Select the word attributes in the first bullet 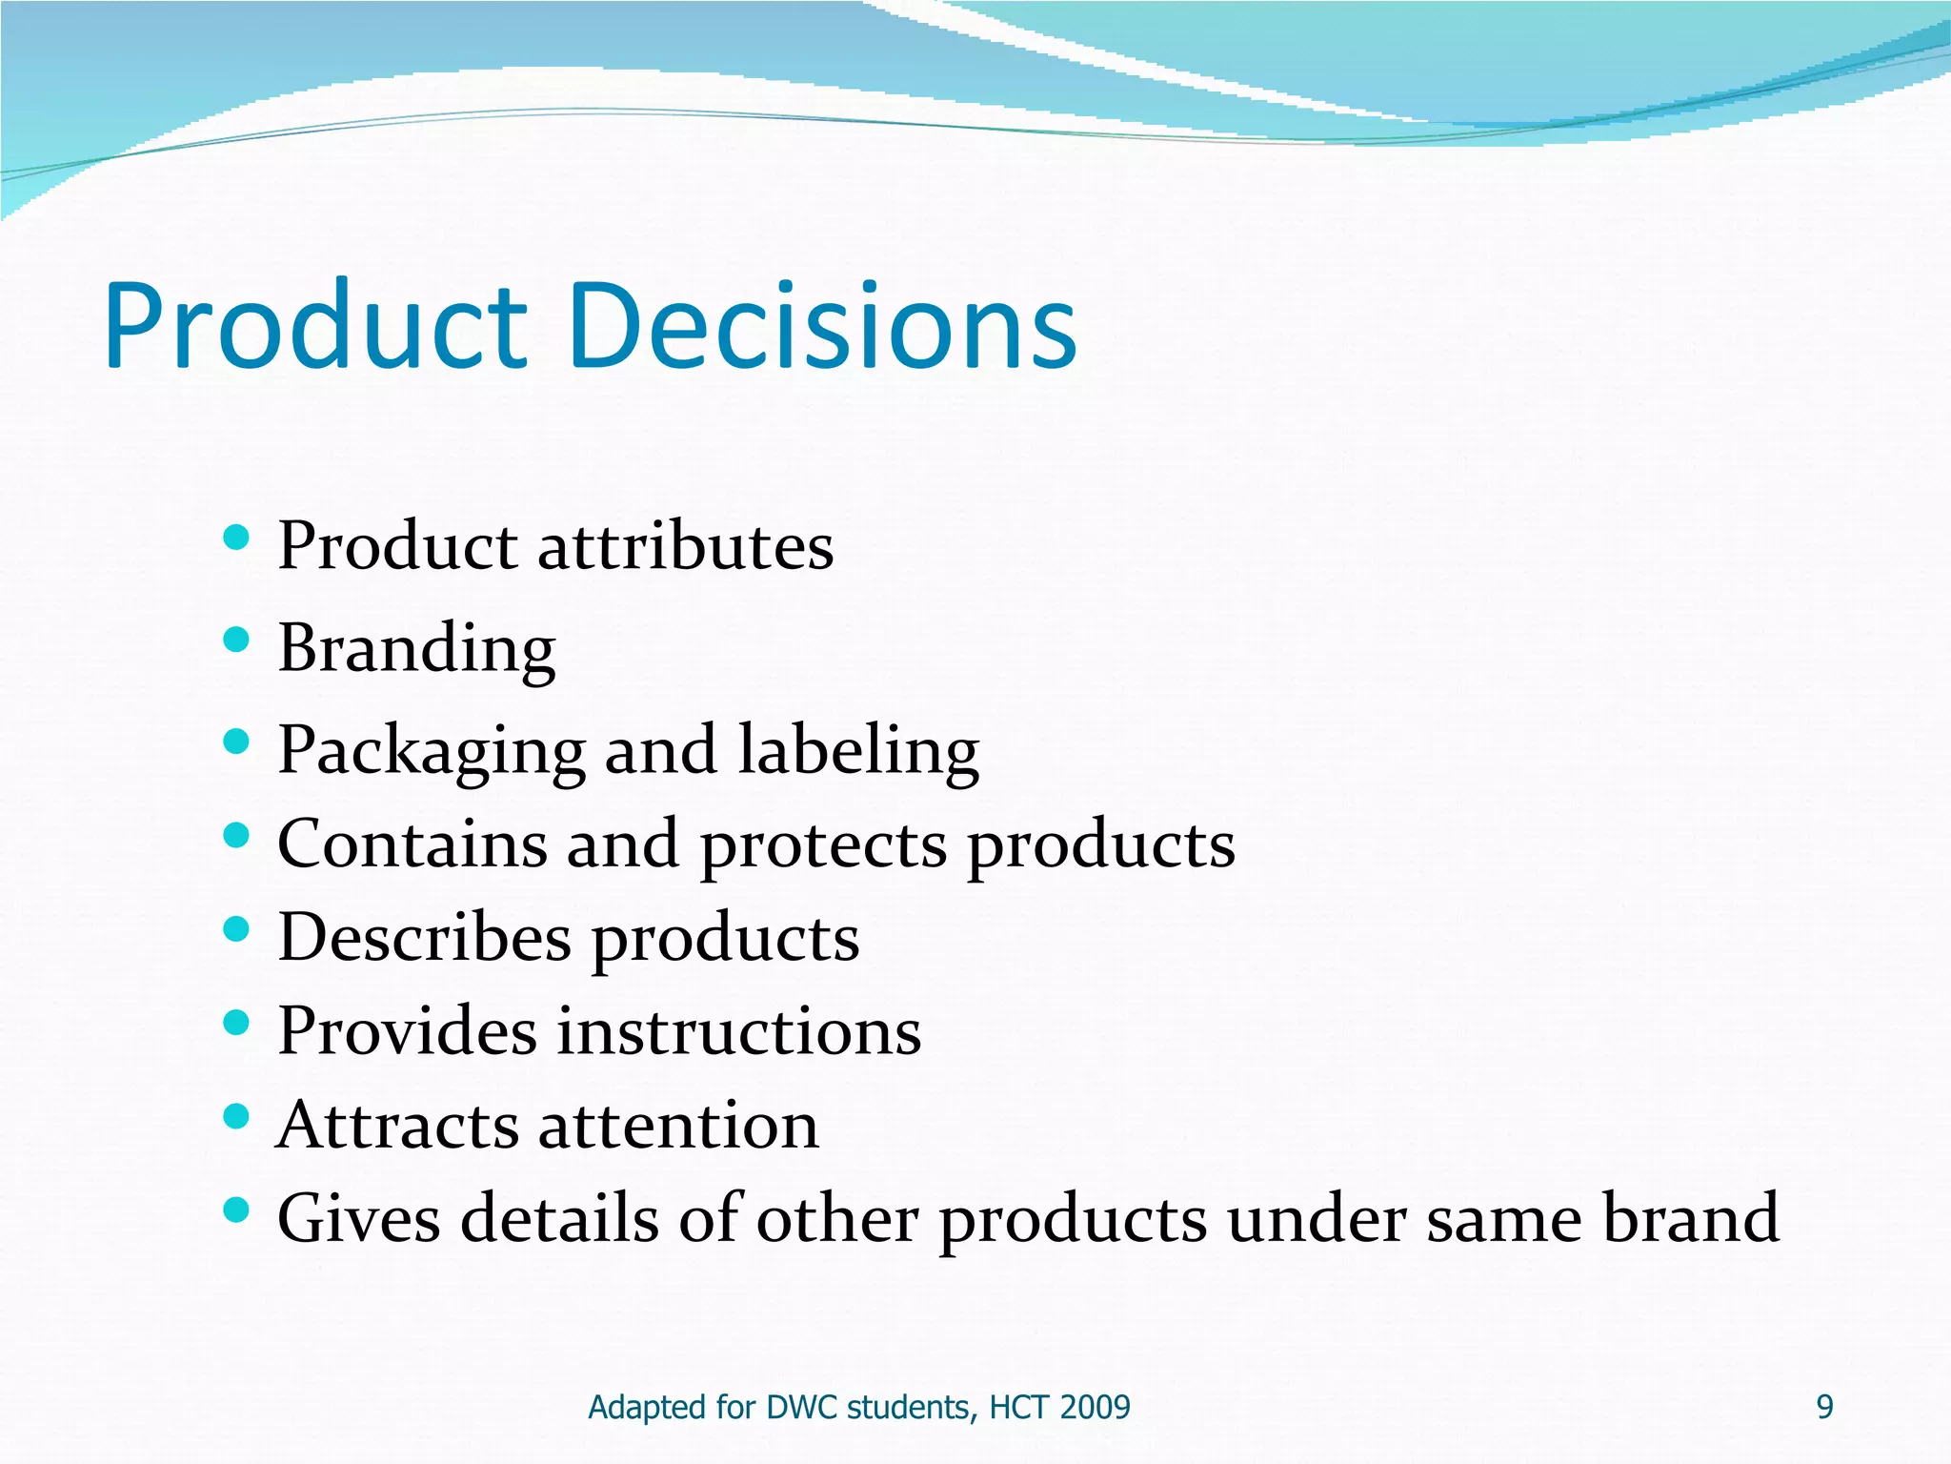click(686, 547)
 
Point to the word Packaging click(431, 751)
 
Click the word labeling click(858, 751)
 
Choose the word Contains click(412, 844)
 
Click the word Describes click(424, 937)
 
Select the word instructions click(739, 1031)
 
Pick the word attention click(678, 1125)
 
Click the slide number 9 click(1824, 1407)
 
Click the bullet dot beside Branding click(235, 640)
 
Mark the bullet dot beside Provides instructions click(235, 1023)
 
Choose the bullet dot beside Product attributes click(235, 539)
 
